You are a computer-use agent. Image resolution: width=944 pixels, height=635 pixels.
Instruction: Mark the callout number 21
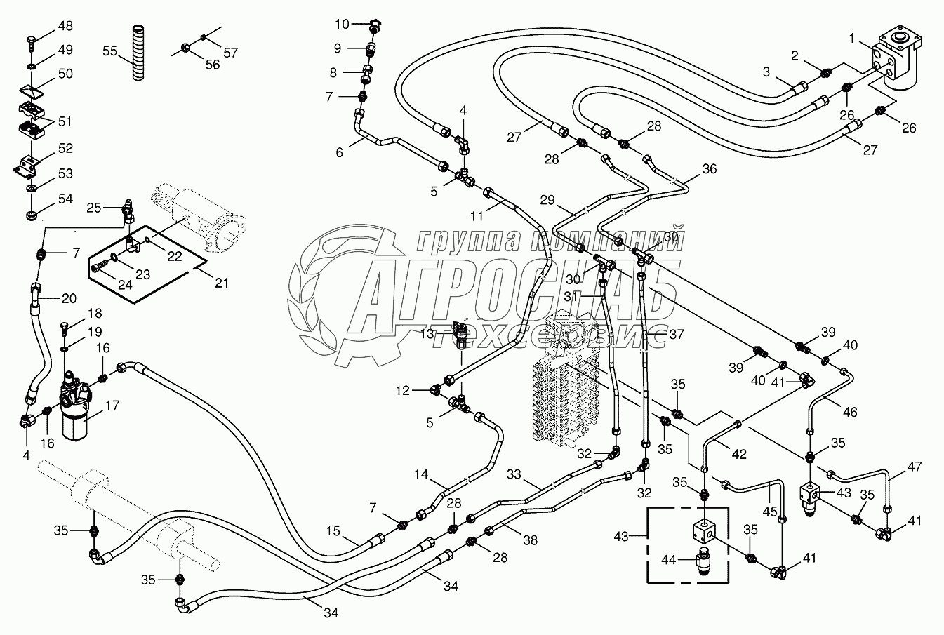click(x=222, y=283)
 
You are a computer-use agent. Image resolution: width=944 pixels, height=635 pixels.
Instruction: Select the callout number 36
click(x=710, y=168)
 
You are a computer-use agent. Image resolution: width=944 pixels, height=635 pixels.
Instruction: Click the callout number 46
click(x=850, y=412)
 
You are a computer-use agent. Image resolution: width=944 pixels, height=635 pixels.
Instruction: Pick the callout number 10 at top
click(x=341, y=25)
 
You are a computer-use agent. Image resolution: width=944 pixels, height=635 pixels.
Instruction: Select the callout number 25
click(x=93, y=207)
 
